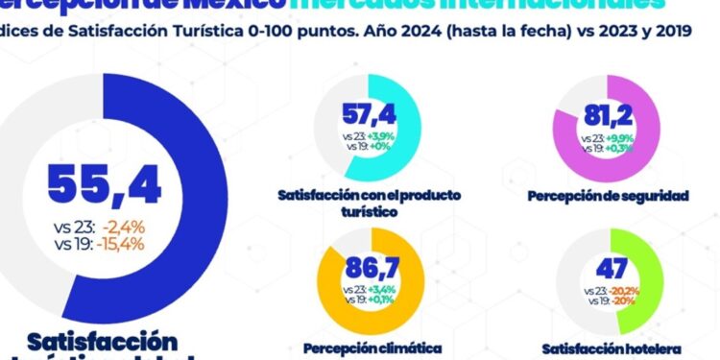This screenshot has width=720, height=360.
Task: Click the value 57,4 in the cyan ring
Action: click(x=370, y=118)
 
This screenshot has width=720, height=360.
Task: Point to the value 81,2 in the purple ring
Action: click(x=608, y=117)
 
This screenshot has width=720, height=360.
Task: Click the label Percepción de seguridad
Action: click(x=609, y=196)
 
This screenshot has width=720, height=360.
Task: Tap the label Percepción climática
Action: click(x=372, y=347)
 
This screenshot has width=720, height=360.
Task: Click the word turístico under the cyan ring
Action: click(x=369, y=210)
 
